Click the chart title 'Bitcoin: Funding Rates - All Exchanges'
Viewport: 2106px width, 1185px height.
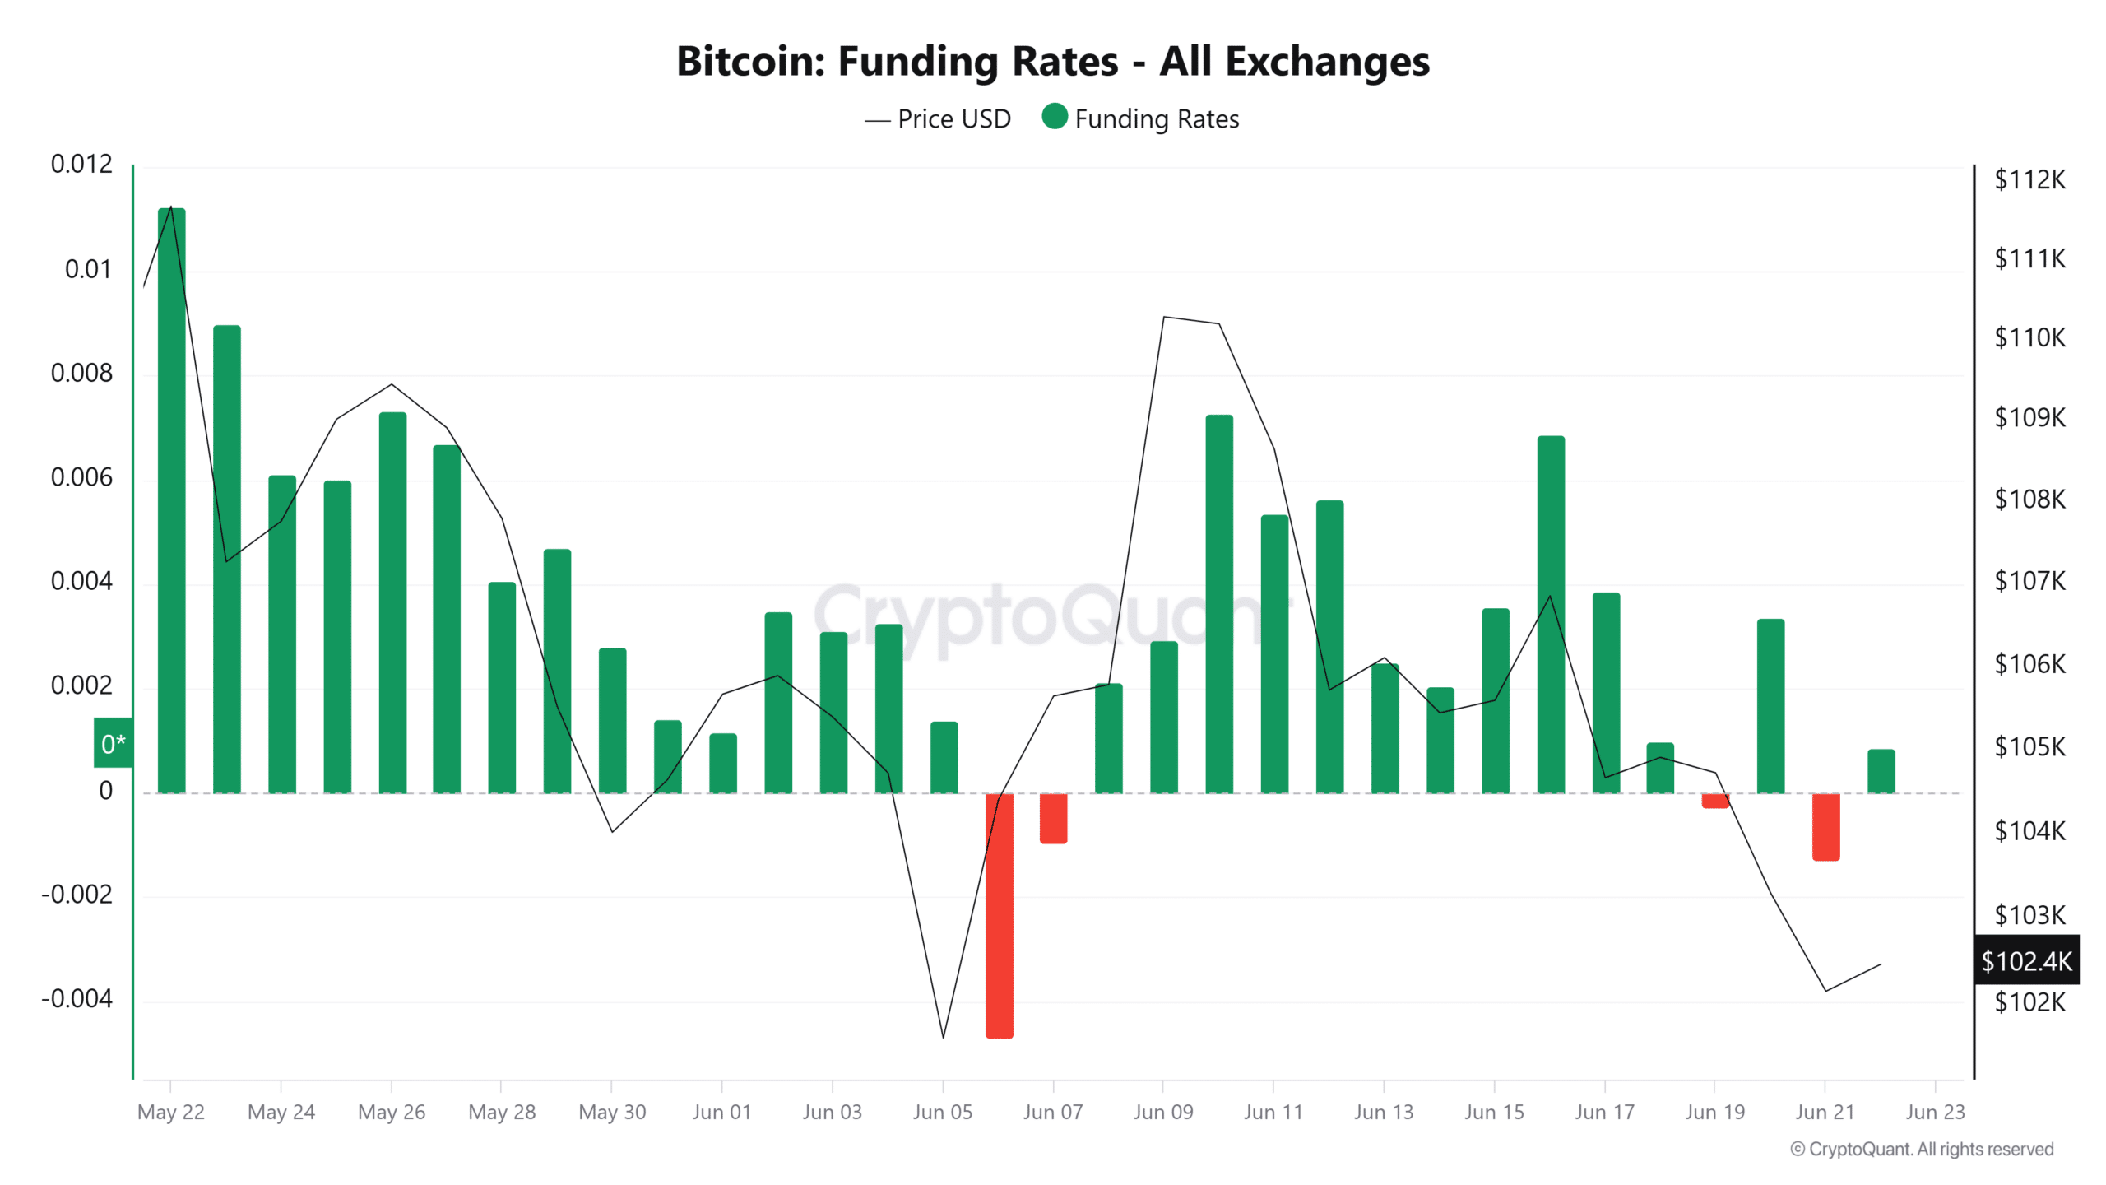pyautogui.click(x=1052, y=62)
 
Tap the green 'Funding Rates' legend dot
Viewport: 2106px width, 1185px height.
pyautogui.click(x=1054, y=117)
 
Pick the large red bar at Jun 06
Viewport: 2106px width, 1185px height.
pyautogui.click(x=1000, y=915)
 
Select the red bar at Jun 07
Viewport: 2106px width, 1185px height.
pyautogui.click(x=1053, y=818)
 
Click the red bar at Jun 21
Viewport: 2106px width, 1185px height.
pyautogui.click(x=1825, y=826)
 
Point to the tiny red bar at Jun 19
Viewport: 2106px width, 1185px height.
pyautogui.click(x=1715, y=801)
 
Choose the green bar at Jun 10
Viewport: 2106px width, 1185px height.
pyautogui.click(x=1219, y=604)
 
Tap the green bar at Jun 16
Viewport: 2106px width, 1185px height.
pyautogui.click(x=1551, y=615)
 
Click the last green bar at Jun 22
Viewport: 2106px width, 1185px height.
pyautogui.click(x=1881, y=771)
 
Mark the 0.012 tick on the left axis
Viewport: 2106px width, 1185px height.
pyautogui.click(x=81, y=165)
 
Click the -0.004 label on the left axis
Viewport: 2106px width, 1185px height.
pyautogui.click(x=77, y=999)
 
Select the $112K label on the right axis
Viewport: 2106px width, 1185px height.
pyautogui.click(x=2029, y=179)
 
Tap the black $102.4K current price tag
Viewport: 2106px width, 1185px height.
pyautogui.click(x=2026, y=960)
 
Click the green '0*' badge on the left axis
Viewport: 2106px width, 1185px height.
pyautogui.click(x=113, y=743)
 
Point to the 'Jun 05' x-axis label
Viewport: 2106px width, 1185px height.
pyautogui.click(x=942, y=1112)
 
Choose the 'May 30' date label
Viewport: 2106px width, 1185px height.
pyautogui.click(x=612, y=1112)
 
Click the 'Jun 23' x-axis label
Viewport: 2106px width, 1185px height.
pyautogui.click(x=1934, y=1112)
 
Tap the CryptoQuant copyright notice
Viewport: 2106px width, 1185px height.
pyautogui.click(x=1922, y=1149)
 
